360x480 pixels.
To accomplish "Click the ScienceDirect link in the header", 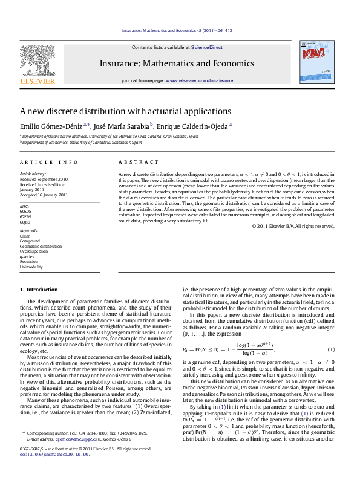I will click(207, 47).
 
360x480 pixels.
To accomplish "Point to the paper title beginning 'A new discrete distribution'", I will click(126, 111).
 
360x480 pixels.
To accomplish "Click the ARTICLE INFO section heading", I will click(49, 162).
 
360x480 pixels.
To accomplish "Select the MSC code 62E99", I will click(26, 216).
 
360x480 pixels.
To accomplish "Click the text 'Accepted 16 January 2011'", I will click(44, 195).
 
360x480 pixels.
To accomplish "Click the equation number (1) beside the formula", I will click(331, 349).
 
